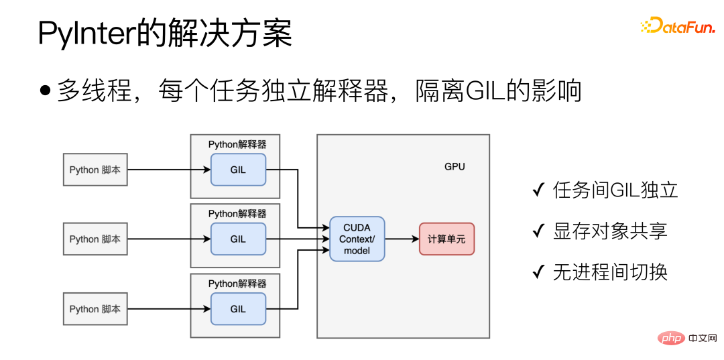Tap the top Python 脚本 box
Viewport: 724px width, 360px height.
tap(95, 170)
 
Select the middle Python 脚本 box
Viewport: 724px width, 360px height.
tap(95, 239)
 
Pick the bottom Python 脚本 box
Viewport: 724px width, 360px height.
tap(95, 309)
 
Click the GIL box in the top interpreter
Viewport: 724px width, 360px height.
tap(238, 170)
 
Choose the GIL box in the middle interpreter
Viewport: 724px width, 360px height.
tap(238, 239)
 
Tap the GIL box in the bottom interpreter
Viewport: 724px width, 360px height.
tap(238, 309)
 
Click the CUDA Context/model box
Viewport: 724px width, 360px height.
tap(357, 239)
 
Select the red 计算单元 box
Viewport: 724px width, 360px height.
tap(446, 239)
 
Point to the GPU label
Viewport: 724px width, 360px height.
tap(455, 166)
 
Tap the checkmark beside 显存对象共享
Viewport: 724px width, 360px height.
tap(538, 232)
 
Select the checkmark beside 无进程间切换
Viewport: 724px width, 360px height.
tap(538, 272)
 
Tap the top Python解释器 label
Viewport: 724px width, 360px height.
tap(237, 144)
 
